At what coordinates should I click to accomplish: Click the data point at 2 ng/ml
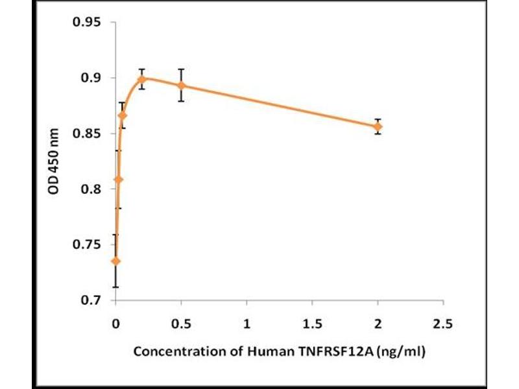[378, 126]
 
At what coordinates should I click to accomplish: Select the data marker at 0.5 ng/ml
[182, 86]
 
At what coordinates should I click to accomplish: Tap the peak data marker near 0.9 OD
[142, 79]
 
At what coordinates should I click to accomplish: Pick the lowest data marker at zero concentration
[116, 261]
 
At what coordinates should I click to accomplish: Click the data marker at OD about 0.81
[118, 179]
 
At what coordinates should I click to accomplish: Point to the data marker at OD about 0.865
[123, 115]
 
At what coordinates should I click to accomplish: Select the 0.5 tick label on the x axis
[182, 323]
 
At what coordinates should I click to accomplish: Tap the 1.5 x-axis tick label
[312, 323]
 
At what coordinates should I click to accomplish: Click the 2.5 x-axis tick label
[443, 323]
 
